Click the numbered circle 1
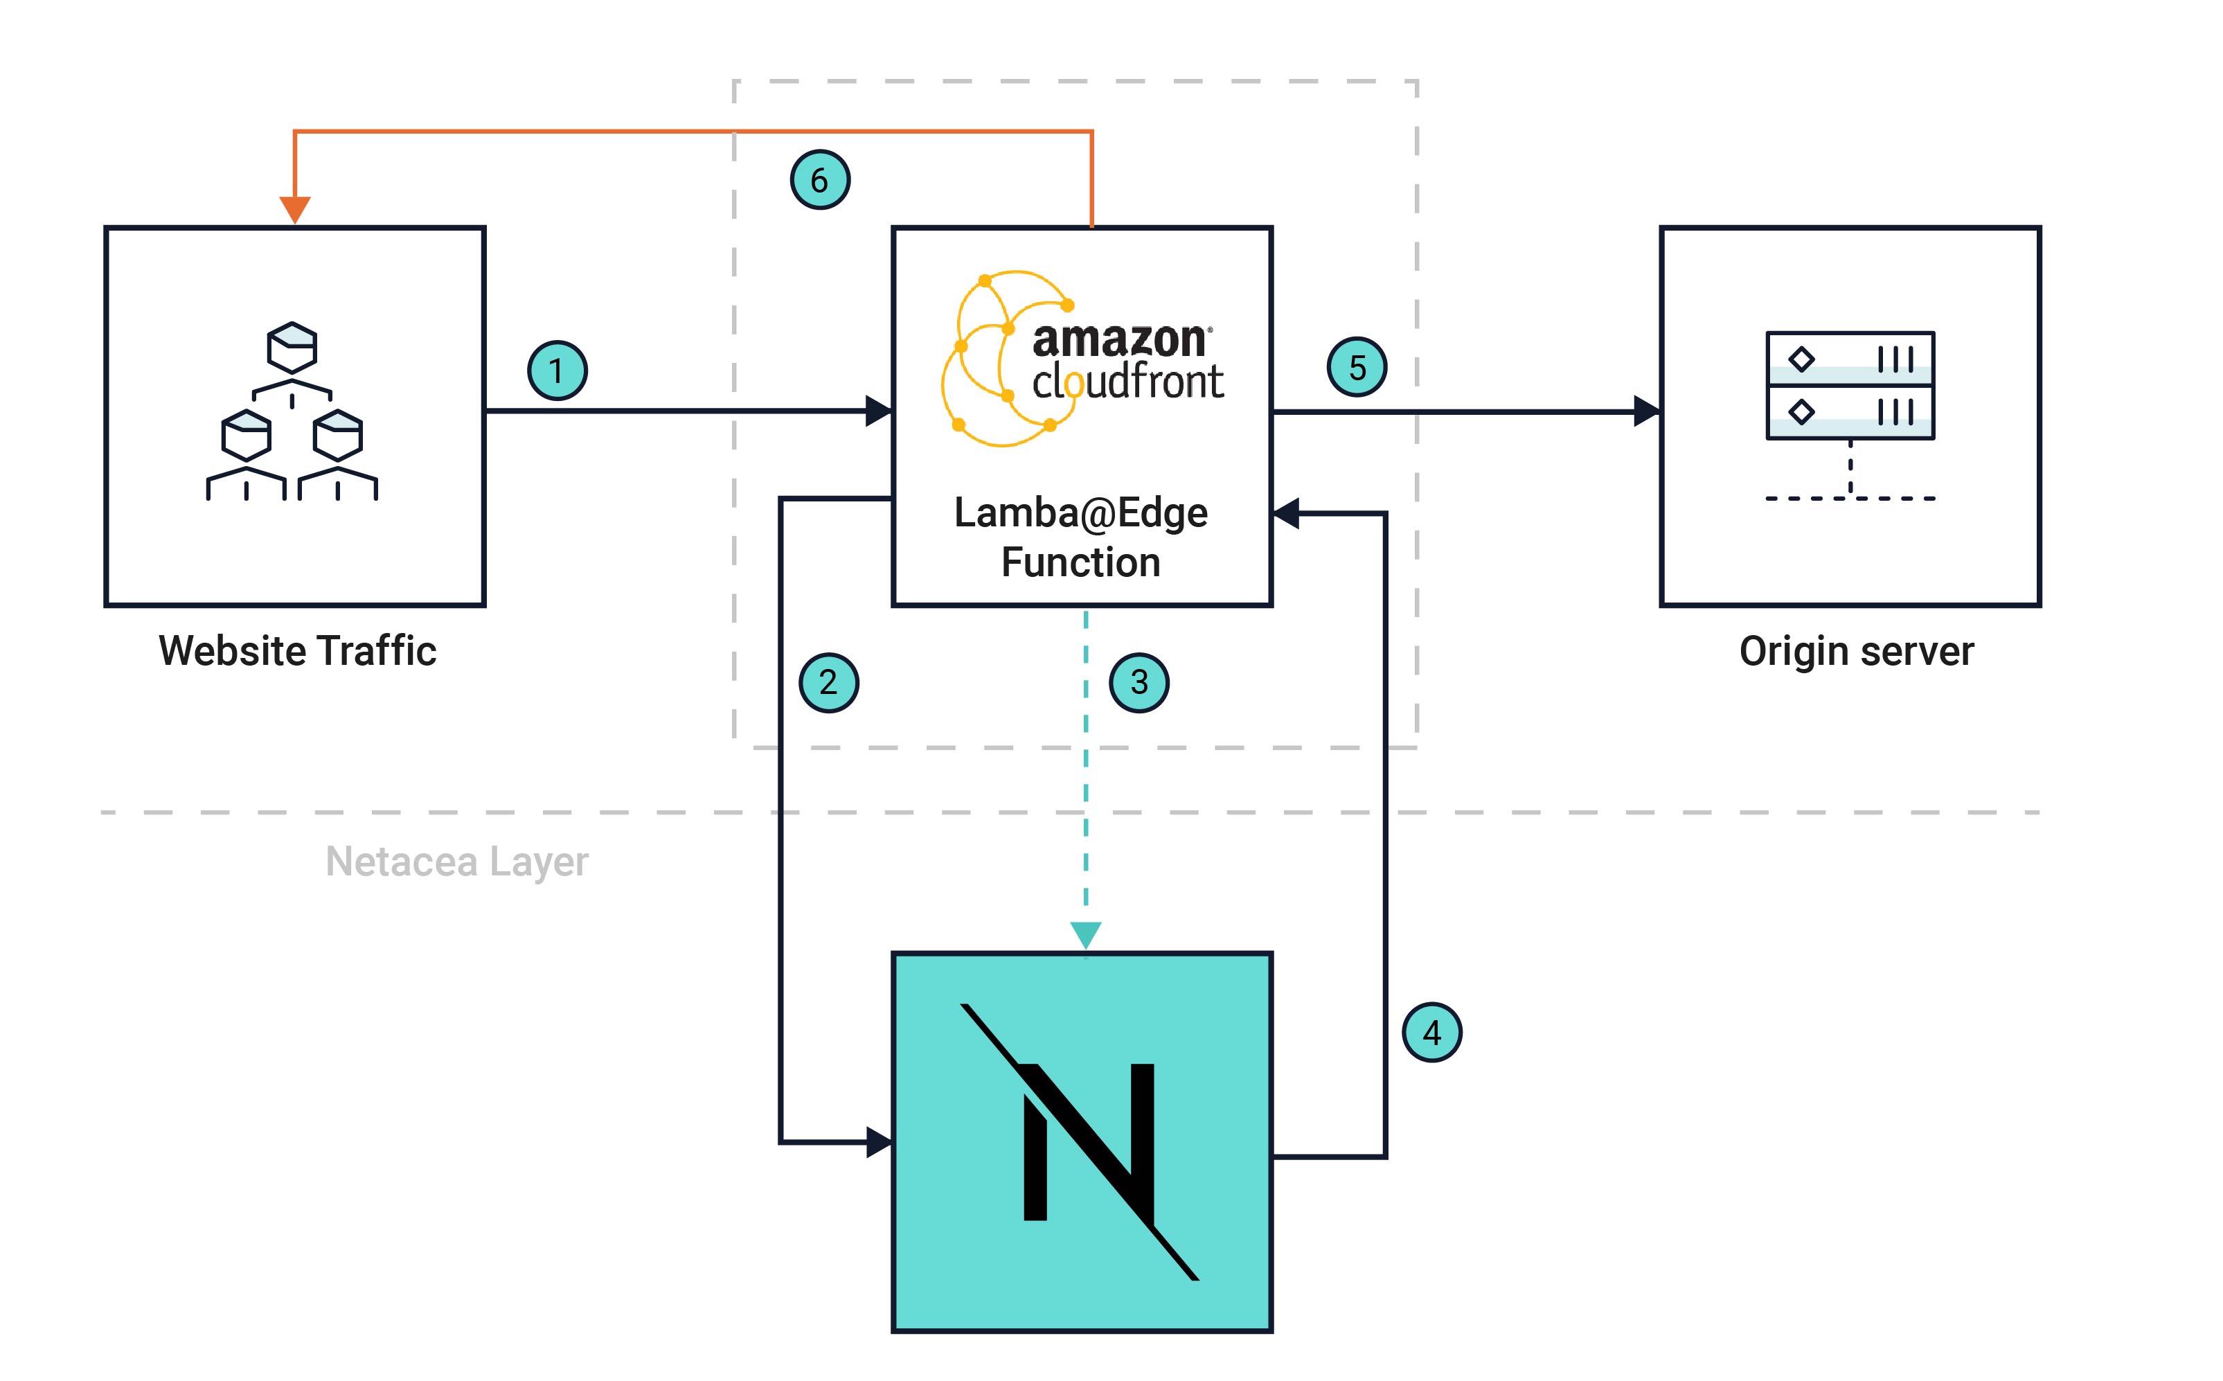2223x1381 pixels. tap(557, 371)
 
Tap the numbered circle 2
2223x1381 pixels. tap(828, 682)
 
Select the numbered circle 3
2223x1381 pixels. tap(1139, 682)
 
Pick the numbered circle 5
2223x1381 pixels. tap(1357, 368)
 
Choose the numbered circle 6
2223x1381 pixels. tap(819, 180)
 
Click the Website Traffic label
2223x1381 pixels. tap(297, 651)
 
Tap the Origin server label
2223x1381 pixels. tap(1856, 651)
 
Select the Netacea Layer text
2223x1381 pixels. tap(456, 862)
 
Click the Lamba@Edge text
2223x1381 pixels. tap(1080, 513)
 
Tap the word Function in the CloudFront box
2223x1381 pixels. tap(1080, 562)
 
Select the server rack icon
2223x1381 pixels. tap(1850, 386)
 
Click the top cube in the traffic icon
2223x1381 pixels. tap(292, 346)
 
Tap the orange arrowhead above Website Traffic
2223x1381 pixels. tap(294, 209)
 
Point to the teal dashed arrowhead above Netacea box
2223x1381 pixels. tap(1085, 935)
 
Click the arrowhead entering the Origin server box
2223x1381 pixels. tap(1646, 411)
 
